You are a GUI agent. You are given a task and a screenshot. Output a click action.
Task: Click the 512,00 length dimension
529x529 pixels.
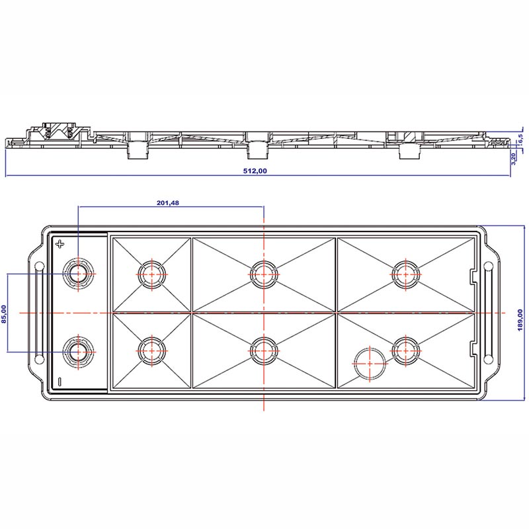(x=255, y=171)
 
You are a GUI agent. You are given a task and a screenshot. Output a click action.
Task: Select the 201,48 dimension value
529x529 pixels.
(x=168, y=203)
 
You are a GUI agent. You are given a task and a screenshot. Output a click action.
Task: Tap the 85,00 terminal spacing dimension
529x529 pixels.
(x=4, y=314)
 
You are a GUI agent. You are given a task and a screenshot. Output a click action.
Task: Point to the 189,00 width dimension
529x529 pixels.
(x=520, y=320)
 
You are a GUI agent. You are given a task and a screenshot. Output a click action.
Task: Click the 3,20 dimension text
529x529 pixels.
(x=514, y=159)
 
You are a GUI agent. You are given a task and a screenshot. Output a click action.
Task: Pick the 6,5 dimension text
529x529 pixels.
(x=520, y=138)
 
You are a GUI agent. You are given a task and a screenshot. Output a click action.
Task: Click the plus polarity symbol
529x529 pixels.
(x=60, y=244)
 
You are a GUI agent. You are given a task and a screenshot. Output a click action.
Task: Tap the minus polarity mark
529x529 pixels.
(x=60, y=382)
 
